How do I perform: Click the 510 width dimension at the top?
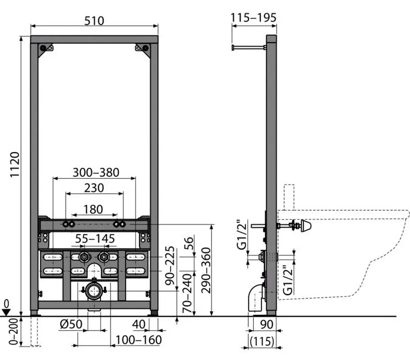94,21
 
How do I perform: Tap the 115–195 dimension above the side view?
253,18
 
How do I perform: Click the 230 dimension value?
95,188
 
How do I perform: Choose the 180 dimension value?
93,209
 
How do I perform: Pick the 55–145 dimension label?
95,238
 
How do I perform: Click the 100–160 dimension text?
139,340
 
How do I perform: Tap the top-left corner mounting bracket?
46,49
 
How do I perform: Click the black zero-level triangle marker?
5,311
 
